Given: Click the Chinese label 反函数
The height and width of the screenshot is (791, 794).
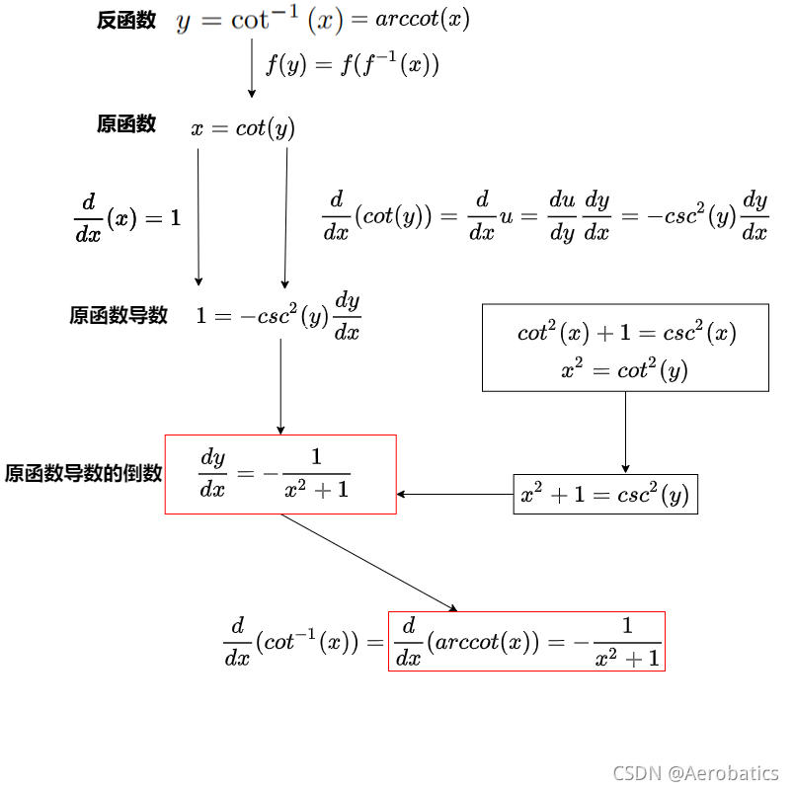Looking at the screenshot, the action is (x=126, y=21).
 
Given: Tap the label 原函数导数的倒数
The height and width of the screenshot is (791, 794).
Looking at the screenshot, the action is (x=83, y=473).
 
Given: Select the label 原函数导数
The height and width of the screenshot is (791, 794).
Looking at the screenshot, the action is (x=119, y=315).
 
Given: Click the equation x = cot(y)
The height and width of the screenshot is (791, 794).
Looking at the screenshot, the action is (x=243, y=128).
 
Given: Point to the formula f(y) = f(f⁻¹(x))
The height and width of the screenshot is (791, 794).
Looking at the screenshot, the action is (x=352, y=65).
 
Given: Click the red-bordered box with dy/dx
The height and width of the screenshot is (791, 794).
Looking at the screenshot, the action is (x=280, y=474).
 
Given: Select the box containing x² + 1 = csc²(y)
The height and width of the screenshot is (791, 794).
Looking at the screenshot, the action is (x=605, y=494).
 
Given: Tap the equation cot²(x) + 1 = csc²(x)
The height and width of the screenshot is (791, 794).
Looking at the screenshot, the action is (x=626, y=333).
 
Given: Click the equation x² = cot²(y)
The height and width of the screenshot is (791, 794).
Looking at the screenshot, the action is (x=624, y=370).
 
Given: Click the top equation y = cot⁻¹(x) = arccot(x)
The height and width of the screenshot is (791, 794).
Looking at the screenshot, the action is (x=322, y=21).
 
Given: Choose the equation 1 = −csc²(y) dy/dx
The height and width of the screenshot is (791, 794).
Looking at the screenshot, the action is (x=278, y=316).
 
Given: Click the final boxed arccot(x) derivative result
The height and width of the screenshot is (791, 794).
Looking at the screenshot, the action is (x=526, y=641).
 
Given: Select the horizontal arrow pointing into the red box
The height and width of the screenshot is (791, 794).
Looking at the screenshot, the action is (x=455, y=494).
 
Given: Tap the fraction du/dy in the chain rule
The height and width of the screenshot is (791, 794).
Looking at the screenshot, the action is (x=562, y=216).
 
